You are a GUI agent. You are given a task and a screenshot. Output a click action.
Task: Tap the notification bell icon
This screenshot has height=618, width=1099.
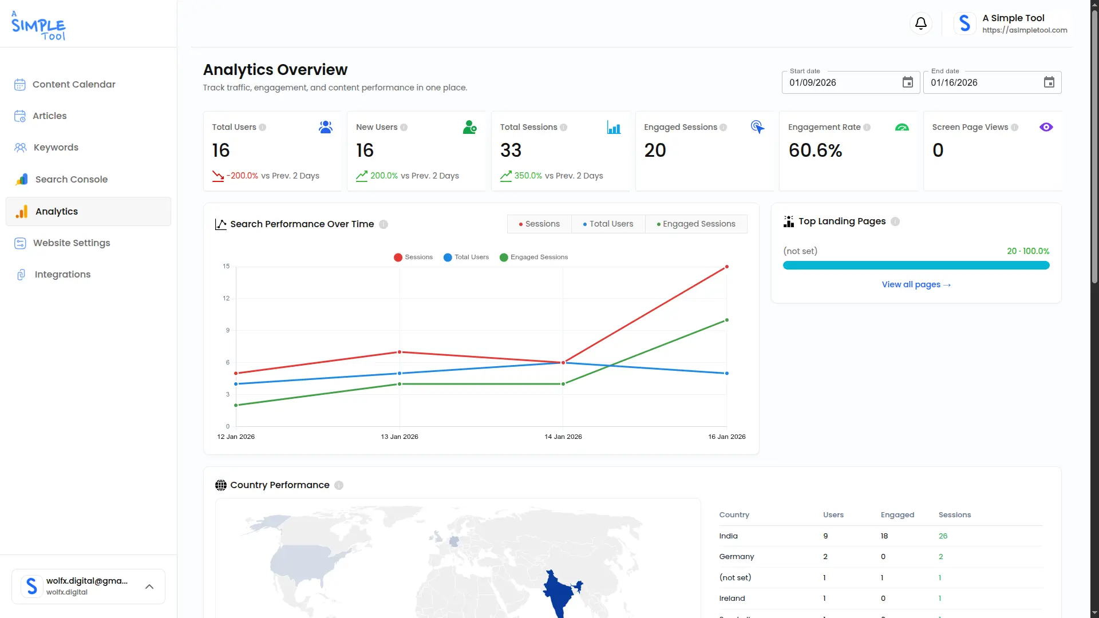point(921,23)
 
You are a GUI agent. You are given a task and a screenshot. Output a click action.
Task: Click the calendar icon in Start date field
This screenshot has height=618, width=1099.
point(908,82)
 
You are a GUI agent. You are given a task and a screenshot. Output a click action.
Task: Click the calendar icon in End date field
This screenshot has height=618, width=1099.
point(1049,82)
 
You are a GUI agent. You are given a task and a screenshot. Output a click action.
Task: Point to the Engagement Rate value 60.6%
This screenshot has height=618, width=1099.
point(815,150)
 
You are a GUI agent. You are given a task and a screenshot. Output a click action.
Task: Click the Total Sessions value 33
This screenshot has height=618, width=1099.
point(511,150)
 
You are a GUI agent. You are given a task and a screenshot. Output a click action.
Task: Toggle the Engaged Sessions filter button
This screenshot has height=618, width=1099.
point(696,224)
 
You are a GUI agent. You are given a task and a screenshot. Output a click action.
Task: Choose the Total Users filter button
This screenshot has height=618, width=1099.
point(608,224)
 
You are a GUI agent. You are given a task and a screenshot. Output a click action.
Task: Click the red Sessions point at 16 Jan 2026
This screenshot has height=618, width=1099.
point(727,267)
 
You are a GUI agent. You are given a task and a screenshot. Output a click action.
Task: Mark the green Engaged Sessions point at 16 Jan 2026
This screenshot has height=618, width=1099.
point(727,320)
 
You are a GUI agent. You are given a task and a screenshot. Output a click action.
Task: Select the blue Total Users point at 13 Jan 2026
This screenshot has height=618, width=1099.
point(400,374)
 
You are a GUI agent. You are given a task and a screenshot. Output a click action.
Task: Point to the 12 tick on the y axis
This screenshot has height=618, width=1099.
point(226,298)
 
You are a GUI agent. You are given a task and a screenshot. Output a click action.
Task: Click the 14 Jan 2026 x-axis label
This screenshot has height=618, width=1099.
point(563,437)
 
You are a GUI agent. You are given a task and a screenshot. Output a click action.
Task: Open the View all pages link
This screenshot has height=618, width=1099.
point(916,284)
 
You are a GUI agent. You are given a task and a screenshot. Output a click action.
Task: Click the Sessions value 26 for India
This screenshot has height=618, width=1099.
point(943,536)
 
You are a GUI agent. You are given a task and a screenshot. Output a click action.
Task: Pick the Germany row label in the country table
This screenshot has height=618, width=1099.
point(737,557)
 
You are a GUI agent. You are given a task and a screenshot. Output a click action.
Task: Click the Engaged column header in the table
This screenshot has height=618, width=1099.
point(898,515)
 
